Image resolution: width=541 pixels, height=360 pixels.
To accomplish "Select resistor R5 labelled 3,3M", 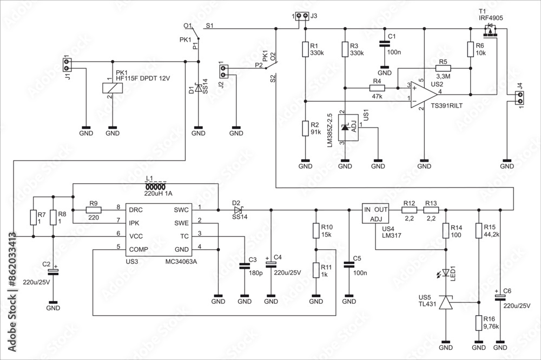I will point(443,68).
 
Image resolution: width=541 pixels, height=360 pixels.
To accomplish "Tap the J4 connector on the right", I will point(520,98).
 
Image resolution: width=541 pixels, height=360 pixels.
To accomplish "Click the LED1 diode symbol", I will point(445,273).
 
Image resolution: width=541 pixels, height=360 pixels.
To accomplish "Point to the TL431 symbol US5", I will point(445,303).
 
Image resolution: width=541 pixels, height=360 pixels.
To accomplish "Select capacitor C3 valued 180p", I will point(245,265).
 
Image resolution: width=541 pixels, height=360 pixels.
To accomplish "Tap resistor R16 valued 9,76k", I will point(478,323).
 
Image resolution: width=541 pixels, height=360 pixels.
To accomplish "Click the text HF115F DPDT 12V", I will point(142,79).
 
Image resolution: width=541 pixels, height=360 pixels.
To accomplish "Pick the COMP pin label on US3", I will point(138,249).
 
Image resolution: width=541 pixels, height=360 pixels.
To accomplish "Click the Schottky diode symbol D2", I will point(237,209).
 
